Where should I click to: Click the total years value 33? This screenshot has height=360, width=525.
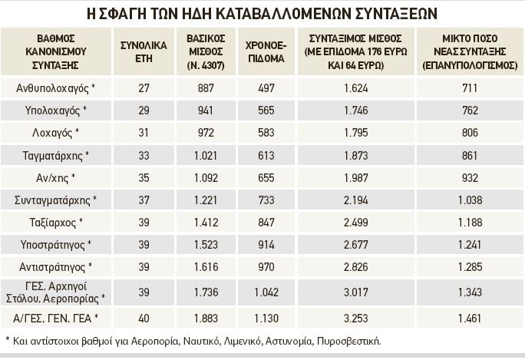(x=144, y=155)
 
